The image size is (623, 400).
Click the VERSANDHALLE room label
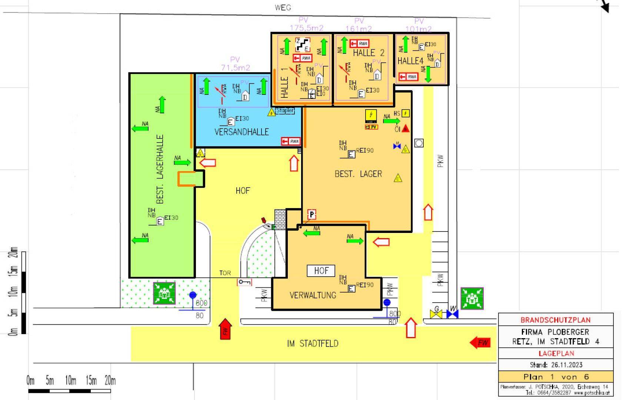241,132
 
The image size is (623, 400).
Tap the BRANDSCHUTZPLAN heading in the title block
556,320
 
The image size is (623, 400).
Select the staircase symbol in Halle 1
303,44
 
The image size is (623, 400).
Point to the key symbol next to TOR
244,282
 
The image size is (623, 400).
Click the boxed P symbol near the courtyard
312,214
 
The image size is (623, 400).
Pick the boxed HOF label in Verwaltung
321,271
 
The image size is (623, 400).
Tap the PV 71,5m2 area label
236,64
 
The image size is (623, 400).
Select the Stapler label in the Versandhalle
285,110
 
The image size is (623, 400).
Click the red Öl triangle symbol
406,129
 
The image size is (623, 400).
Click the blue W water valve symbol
452,314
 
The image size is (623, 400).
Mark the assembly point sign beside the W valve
472,298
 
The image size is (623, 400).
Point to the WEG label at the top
283,7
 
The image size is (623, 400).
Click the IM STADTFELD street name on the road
313,344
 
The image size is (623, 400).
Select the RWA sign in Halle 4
408,77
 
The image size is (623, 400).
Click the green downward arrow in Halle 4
428,74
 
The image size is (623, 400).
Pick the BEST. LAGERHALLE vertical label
160,169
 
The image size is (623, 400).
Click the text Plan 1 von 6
556,377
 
